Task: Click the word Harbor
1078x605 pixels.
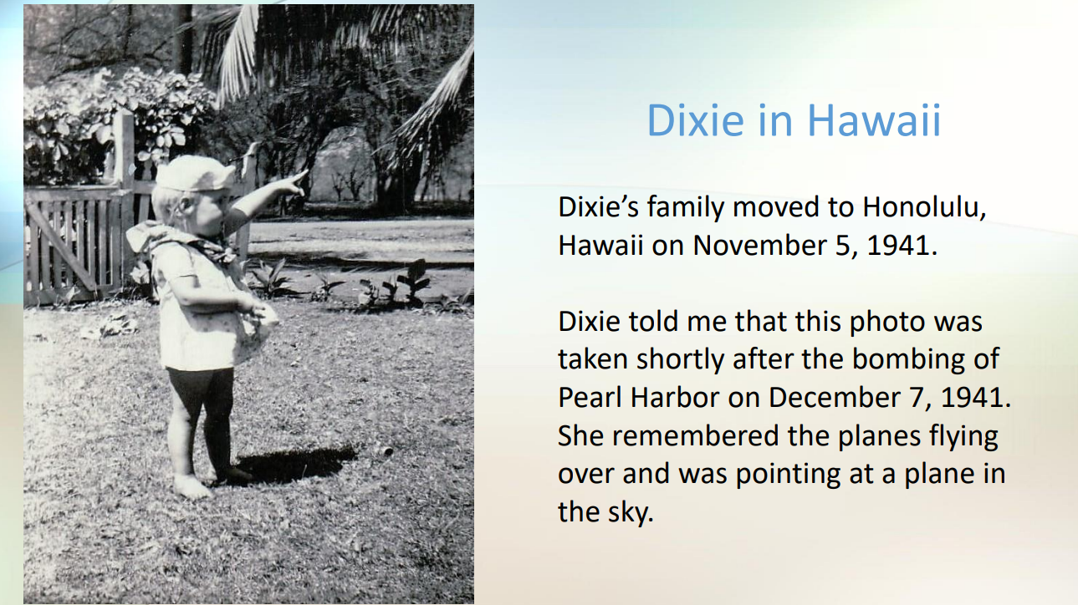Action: click(x=677, y=396)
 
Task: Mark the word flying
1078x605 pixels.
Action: click(x=958, y=435)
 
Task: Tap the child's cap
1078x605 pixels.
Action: click(x=197, y=174)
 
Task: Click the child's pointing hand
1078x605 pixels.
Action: click(x=294, y=180)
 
